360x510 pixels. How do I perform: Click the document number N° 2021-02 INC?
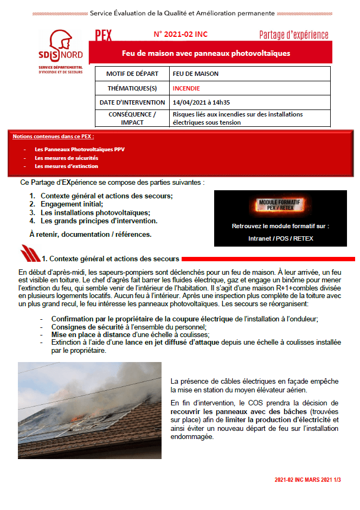(x=181, y=34)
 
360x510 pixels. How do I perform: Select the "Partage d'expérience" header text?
(x=293, y=35)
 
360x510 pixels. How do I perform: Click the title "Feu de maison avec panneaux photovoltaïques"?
(x=205, y=53)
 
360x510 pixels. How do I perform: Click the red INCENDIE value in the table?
(x=186, y=88)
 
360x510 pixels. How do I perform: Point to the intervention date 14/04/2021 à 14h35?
(x=201, y=102)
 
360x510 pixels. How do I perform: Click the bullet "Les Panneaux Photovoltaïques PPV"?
(x=79, y=149)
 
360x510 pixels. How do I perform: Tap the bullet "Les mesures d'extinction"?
(x=66, y=166)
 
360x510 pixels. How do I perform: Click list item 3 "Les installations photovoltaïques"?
(x=95, y=212)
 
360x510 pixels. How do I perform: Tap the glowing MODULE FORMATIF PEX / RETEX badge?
(x=280, y=204)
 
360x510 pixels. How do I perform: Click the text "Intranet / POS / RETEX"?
(x=280, y=238)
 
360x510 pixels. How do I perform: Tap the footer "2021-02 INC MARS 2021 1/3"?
(x=311, y=480)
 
